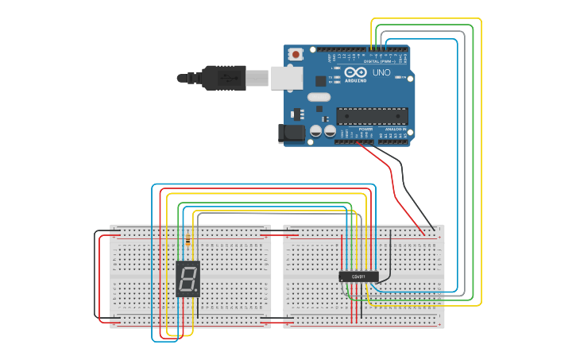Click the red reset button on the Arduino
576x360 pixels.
tap(296, 55)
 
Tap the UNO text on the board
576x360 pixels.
tap(382, 72)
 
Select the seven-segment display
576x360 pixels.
tap(187, 279)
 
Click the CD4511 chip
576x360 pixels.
tap(358, 277)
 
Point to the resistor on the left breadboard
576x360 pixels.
tap(186, 238)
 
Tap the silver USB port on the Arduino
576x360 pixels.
tap(287, 77)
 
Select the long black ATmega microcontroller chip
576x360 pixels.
tap(372, 116)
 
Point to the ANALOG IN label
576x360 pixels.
tap(396, 129)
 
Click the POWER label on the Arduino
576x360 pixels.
tap(365, 129)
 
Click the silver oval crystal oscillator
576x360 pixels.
tap(318, 98)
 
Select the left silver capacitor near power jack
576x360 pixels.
tap(315, 132)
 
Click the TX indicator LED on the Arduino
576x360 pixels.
tap(337, 76)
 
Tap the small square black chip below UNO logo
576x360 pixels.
tap(320, 80)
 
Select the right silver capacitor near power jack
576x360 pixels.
tap(329, 132)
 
